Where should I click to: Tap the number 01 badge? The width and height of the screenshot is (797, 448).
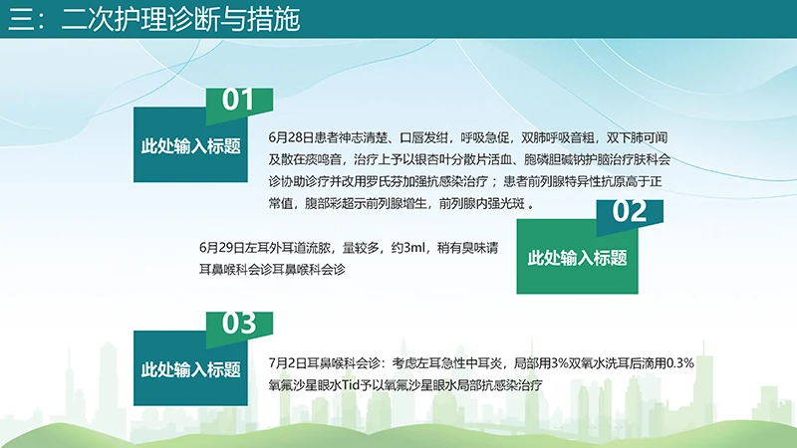pos(238,100)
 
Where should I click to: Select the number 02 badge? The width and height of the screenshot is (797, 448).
pos(630,212)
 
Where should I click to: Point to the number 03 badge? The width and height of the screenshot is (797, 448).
pos(239,324)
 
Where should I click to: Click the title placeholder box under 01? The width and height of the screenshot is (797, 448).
pos(191,146)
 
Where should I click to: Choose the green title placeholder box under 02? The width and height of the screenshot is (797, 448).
pos(577,258)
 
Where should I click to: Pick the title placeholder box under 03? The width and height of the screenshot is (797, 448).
pos(191,369)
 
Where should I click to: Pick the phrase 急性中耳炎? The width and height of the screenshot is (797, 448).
pos(471,362)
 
